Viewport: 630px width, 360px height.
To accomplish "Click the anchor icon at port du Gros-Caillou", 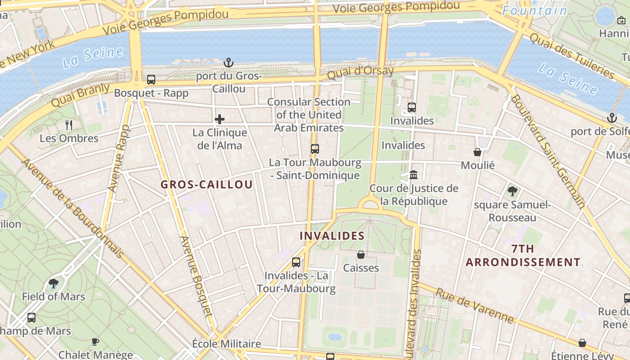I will [229, 62].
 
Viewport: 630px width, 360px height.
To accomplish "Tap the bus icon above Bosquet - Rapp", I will [151, 80].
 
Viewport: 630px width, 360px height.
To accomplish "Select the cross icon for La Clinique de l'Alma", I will [220, 119].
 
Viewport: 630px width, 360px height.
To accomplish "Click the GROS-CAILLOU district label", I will [207, 184].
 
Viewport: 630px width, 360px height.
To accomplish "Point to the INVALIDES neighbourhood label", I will [332, 236].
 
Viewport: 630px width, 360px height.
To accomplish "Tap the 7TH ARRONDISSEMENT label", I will [523, 255].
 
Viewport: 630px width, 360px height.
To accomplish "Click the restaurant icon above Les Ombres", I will [69, 125].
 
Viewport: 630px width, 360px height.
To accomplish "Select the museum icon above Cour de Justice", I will [414, 175].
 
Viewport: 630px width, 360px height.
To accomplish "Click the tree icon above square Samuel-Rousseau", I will [512, 191].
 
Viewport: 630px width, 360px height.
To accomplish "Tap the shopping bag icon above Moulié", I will [477, 152].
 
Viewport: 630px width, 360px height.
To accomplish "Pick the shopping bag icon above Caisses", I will [361, 255].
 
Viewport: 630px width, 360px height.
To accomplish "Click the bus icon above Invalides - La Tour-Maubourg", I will [296, 262].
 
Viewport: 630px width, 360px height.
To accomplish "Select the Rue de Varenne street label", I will [475, 306].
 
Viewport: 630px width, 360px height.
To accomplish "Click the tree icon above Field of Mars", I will [54, 283].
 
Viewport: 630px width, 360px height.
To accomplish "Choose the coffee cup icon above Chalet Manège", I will [95, 342].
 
